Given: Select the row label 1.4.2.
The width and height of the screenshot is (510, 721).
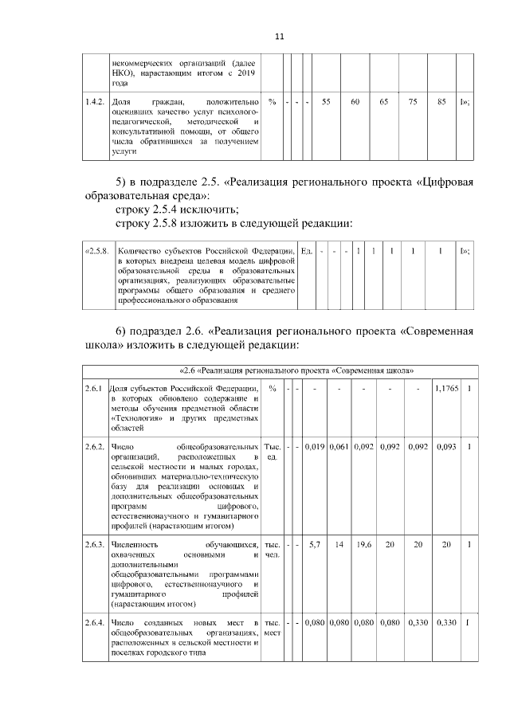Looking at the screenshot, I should coord(96,102).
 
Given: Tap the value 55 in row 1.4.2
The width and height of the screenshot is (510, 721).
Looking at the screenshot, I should coord(327,102).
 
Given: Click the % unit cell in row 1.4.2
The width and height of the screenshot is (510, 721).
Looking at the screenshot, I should coord(273,102).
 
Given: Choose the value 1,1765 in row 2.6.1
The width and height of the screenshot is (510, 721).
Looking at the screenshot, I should coord(445,388).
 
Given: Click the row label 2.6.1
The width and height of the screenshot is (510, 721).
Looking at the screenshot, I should coord(95,388).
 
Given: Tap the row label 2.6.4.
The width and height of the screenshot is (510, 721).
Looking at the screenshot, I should coord(96,621).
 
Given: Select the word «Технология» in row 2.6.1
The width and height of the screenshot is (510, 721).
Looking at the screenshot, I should coord(135,417).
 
